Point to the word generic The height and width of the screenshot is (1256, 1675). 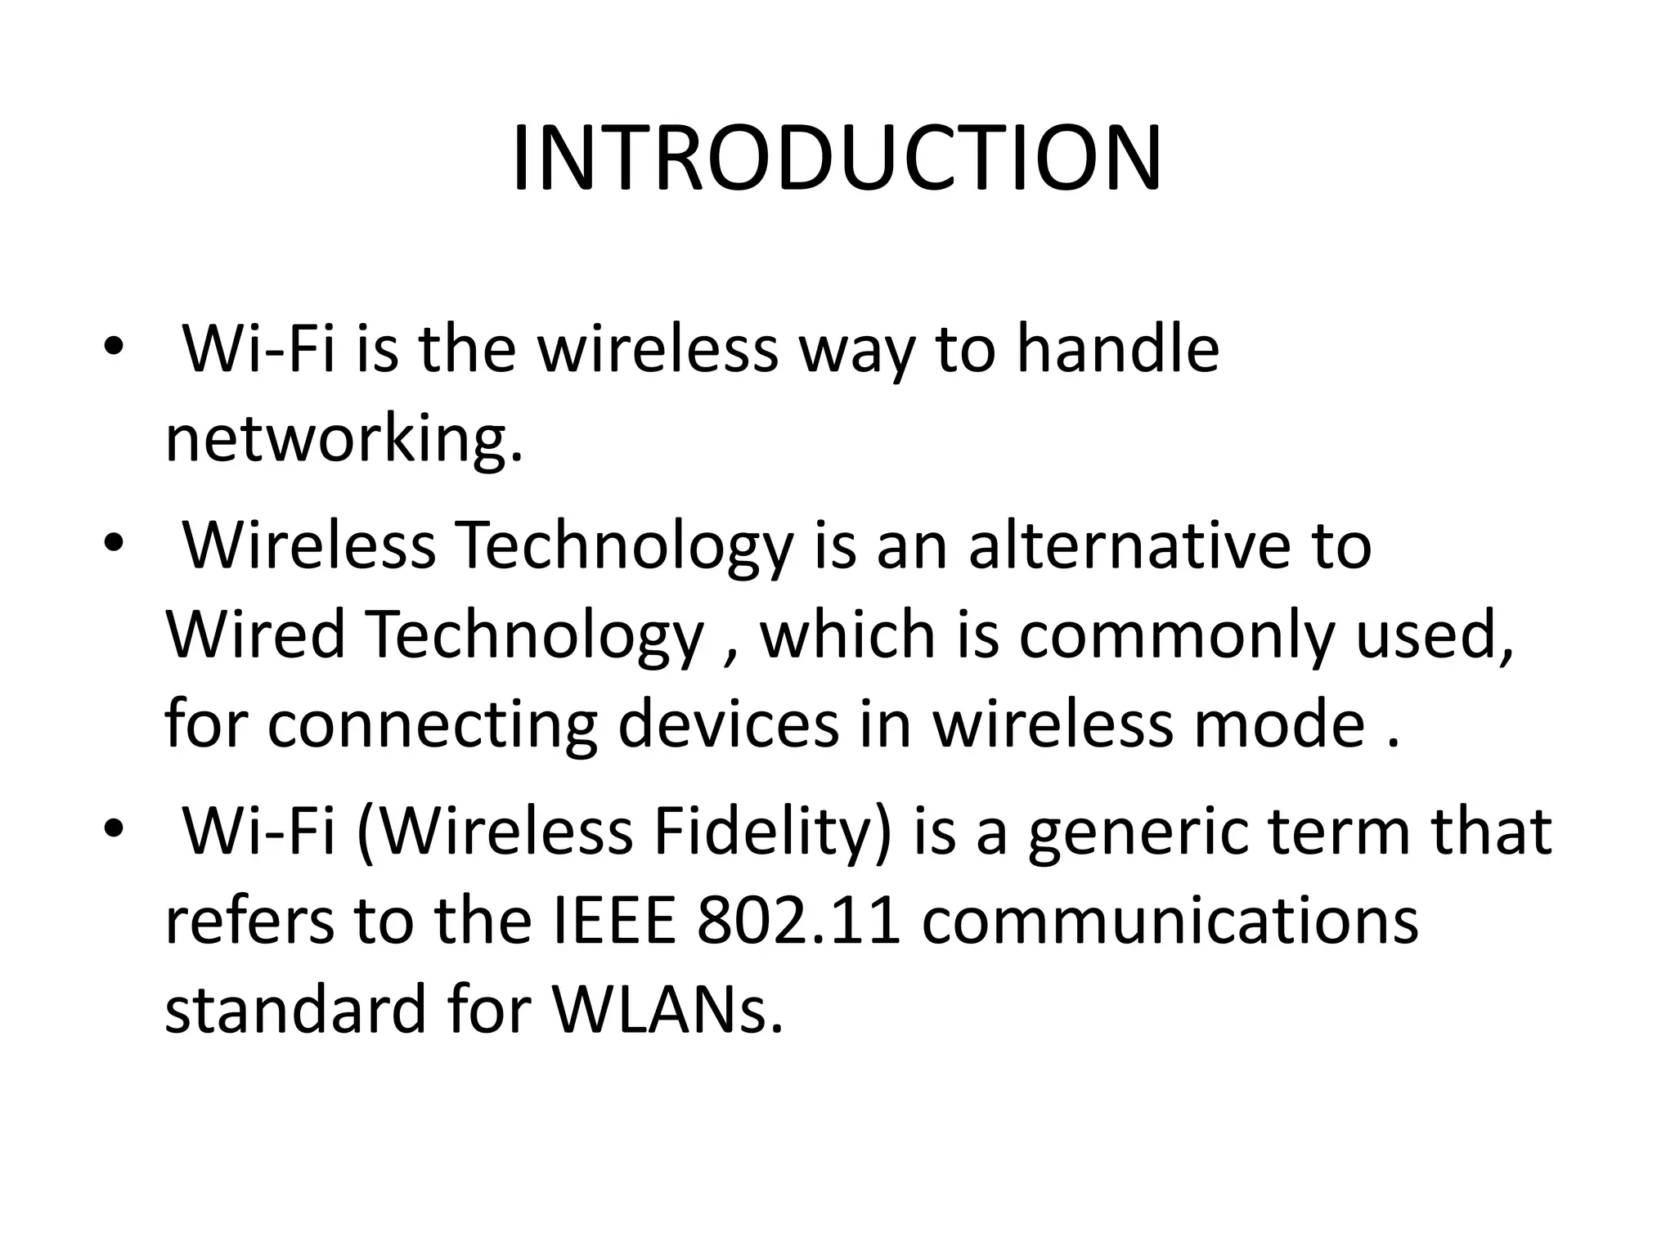[1135, 832]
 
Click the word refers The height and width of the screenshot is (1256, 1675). [249, 920]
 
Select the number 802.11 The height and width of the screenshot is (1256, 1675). [798, 920]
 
